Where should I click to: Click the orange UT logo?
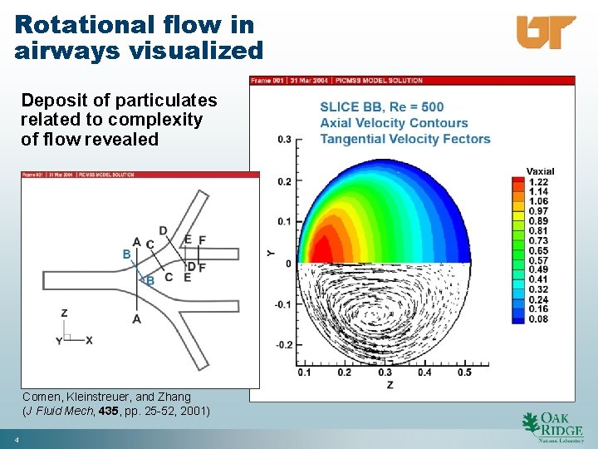tap(546, 32)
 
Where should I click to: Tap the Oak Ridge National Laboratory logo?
tap(552, 425)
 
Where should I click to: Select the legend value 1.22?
tap(538, 182)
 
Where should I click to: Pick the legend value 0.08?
tap(538, 318)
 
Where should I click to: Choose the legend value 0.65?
tap(538, 250)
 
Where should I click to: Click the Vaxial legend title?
tap(540, 171)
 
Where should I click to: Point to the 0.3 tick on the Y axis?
tap(284, 139)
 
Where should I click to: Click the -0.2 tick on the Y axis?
tap(282, 344)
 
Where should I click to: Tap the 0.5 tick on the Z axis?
tap(463, 373)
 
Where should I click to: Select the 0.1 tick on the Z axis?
tap(304, 373)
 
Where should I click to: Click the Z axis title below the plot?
tap(390, 384)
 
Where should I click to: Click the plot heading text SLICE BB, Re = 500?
tap(381, 106)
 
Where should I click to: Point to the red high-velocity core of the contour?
tap(320, 248)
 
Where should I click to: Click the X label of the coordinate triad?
tap(89, 340)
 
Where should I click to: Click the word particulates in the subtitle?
tap(166, 101)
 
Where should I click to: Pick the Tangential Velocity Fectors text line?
tap(404, 139)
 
